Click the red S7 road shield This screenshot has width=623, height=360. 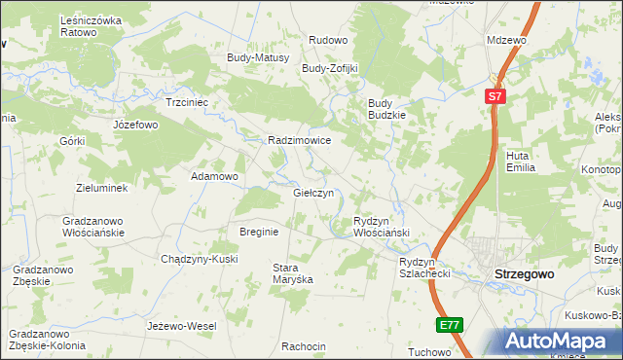pos(495,96)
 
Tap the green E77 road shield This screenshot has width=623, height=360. pos(448,325)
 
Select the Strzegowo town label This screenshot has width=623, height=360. pos(525,274)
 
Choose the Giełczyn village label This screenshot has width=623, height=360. pos(313,193)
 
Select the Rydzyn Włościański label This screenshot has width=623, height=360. pos(381,227)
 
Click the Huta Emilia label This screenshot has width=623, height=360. pos(522,161)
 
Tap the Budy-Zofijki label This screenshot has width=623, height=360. pos(330,69)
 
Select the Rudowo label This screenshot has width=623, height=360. pos(328,40)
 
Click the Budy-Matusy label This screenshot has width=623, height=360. pos(258,57)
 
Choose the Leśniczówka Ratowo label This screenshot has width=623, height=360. pos(92,26)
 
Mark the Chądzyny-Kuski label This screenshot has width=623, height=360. pos(200,259)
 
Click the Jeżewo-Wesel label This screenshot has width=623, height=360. pos(181,325)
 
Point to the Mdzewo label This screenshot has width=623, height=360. pos(506,40)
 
